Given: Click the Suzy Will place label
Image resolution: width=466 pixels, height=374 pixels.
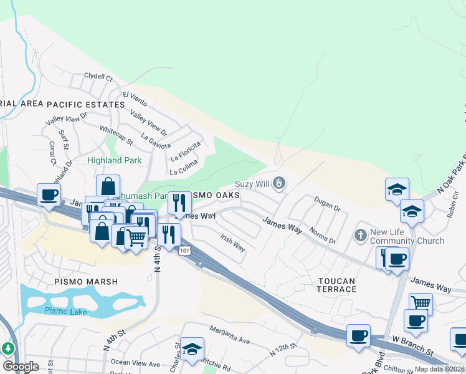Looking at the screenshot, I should (252, 184).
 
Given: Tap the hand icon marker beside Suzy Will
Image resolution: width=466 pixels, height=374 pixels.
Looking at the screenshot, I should (280, 183).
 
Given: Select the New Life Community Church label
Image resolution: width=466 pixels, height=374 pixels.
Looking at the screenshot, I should (407, 236).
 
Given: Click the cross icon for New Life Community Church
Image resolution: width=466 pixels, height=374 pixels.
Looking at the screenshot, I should (360, 236).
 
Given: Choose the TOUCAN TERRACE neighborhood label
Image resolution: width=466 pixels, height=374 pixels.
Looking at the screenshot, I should (336, 285).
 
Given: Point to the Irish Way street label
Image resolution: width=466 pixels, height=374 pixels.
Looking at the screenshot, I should (232, 242).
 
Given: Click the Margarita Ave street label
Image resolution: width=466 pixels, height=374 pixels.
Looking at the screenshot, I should (229, 335).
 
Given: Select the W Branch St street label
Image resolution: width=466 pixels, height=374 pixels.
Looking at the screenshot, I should (412, 347).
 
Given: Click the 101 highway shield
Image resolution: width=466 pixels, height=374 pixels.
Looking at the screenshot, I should (184, 251).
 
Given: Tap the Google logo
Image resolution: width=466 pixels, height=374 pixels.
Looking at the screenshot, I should (21, 366).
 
